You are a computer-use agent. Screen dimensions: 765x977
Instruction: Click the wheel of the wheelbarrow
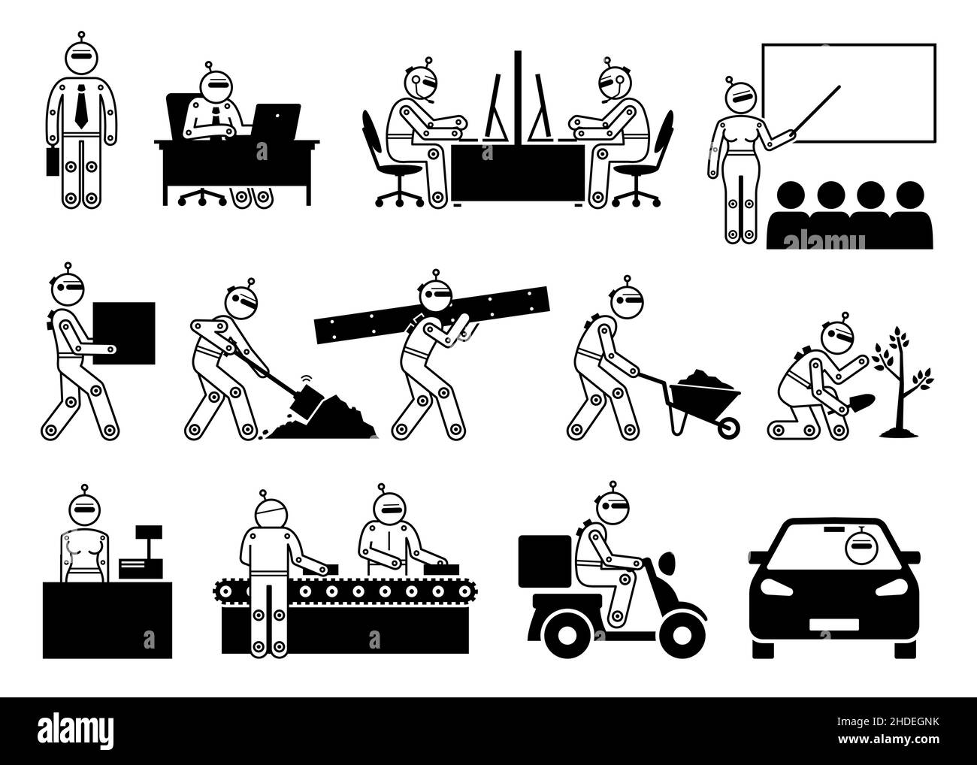727,429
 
